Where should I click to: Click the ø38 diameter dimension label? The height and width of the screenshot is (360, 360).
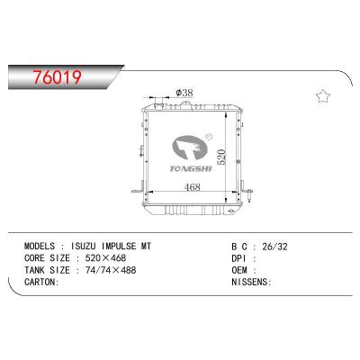pos(184,92)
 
